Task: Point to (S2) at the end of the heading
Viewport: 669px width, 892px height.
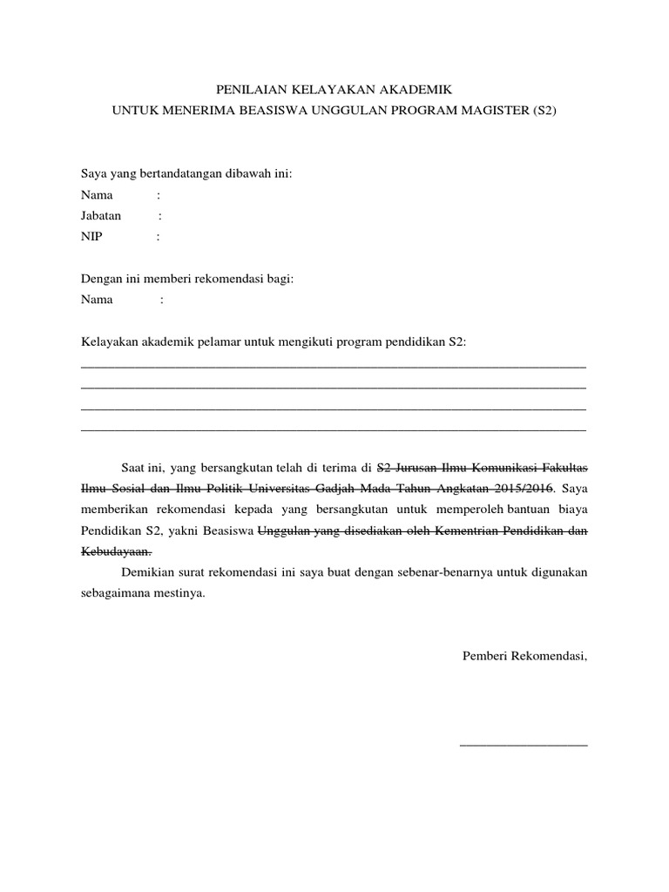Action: tap(543, 111)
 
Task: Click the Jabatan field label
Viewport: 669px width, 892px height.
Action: tap(101, 215)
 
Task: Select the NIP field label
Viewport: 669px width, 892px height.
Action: tap(91, 236)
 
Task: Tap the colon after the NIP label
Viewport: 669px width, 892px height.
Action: tap(158, 236)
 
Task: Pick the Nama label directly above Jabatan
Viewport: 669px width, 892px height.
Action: tap(98, 194)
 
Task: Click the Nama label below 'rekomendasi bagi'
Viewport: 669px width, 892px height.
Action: tap(98, 300)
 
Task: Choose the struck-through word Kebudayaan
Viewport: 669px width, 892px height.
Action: tap(117, 551)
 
